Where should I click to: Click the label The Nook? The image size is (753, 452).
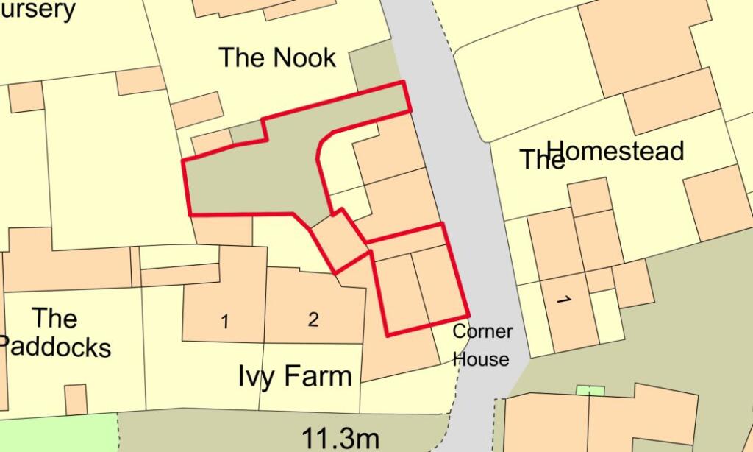click(x=277, y=57)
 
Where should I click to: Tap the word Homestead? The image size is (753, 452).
click(x=616, y=152)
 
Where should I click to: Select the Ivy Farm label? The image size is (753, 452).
click(x=295, y=376)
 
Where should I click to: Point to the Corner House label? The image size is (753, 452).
click(x=482, y=345)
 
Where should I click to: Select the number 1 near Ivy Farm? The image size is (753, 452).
click(x=225, y=322)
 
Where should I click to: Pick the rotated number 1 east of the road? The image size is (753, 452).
click(x=564, y=300)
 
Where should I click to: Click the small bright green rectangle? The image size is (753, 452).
click(x=590, y=390)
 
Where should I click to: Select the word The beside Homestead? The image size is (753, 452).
click(x=542, y=160)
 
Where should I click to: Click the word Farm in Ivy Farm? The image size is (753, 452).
click(x=318, y=376)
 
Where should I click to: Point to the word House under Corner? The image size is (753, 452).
click(x=481, y=359)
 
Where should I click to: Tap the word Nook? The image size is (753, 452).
click(x=303, y=57)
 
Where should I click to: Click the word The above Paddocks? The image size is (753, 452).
click(x=55, y=319)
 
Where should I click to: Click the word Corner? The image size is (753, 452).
click(x=482, y=331)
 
